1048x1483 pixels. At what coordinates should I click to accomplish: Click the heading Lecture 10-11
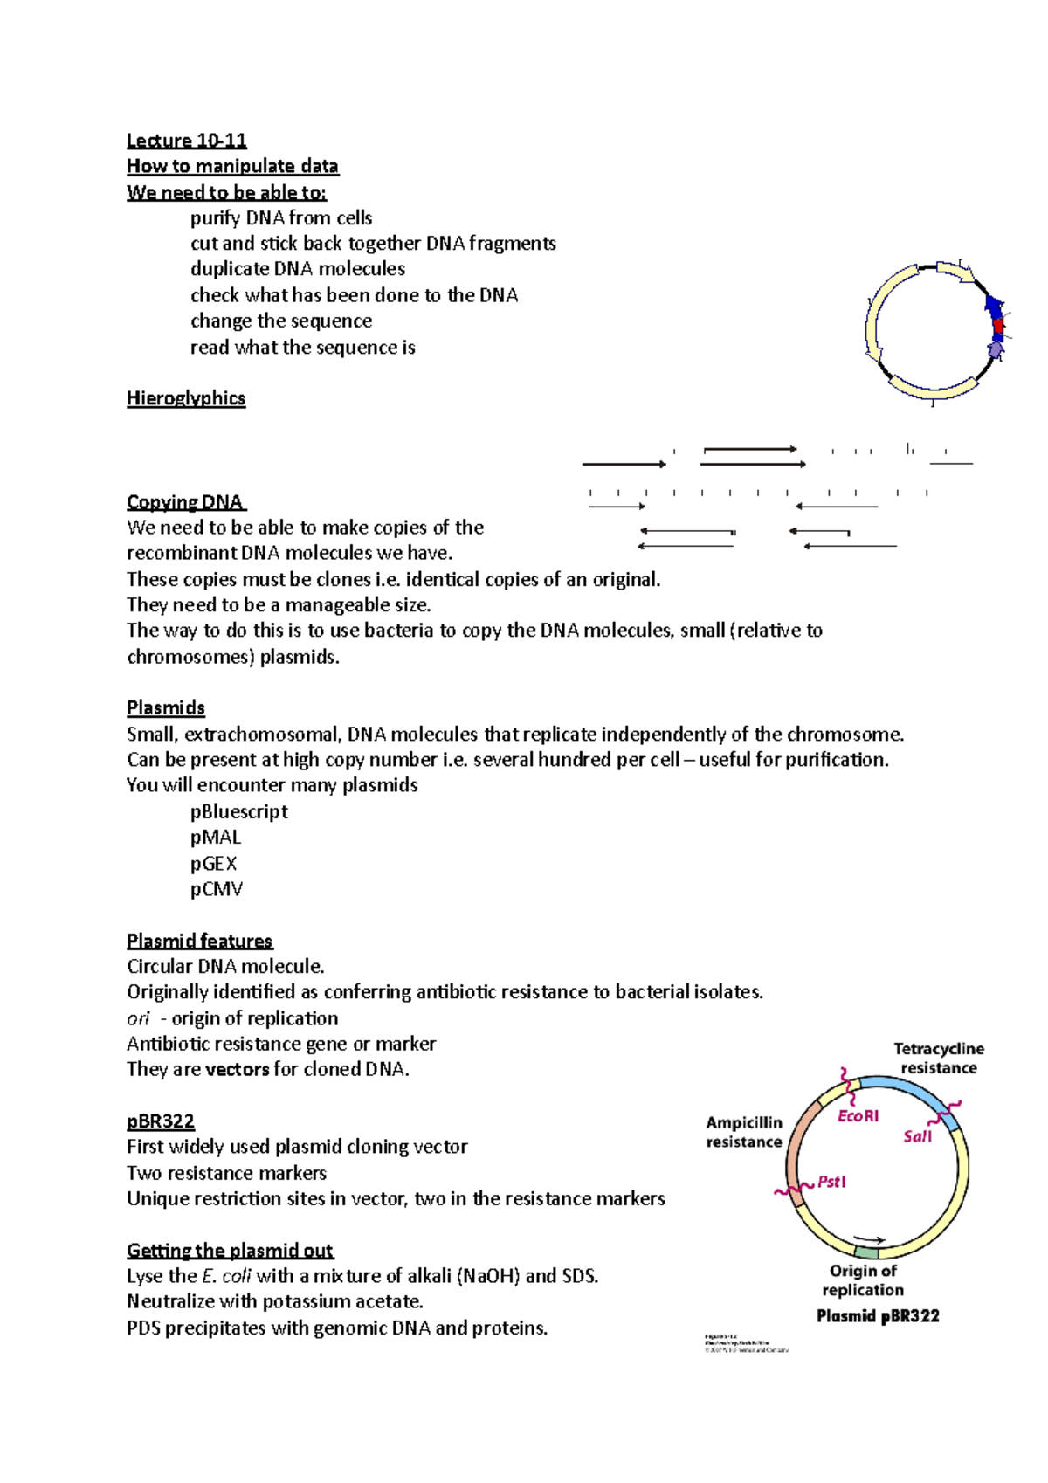pos(186,141)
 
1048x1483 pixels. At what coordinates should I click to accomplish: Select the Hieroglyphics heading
pos(186,398)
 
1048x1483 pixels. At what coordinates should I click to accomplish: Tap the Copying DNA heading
pos(185,502)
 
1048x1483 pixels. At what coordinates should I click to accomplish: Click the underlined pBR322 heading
pos(161,1121)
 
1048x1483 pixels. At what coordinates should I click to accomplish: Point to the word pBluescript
pos(239,811)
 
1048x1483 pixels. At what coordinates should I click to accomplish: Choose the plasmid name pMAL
pos(216,838)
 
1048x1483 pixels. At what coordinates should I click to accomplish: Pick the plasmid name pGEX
pos(214,864)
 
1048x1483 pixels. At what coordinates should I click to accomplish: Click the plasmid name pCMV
pos(217,889)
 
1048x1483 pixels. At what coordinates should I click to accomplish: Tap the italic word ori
pos(138,1018)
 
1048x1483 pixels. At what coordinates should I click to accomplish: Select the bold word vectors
pos(237,1070)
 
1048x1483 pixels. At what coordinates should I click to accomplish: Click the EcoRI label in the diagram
pos(858,1116)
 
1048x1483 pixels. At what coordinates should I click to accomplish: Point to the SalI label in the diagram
pos(917,1136)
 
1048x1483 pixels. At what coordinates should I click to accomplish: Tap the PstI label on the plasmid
pos(831,1183)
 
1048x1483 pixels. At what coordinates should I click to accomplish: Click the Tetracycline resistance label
pos(939,1059)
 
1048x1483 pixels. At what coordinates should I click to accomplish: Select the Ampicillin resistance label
pos(744,1133)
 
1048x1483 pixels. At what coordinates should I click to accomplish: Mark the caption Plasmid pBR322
pos(878,1316)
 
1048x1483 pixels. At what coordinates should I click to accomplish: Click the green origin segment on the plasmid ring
pos(865,1252)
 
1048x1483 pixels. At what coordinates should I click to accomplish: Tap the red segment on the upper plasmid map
pos(997,328)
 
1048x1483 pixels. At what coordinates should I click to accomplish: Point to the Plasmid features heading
pos(200,942)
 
